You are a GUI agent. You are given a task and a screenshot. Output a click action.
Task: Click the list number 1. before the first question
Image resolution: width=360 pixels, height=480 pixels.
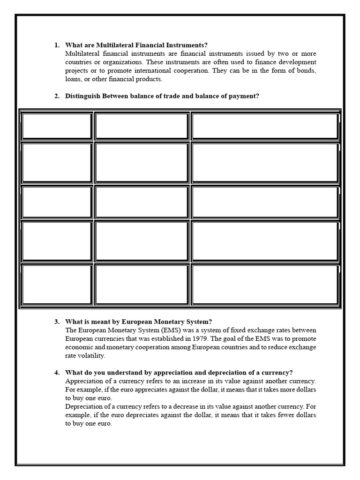pos(57,45)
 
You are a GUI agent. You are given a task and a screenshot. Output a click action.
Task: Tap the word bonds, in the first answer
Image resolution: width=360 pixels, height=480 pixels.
pos(307,71)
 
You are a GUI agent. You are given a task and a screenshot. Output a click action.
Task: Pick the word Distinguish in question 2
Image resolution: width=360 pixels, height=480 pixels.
pos(82,96)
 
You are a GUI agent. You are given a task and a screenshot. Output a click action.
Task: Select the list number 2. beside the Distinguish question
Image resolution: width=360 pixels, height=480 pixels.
pos(57,96)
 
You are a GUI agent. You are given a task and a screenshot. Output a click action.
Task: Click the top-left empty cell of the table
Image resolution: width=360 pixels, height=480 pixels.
pos(57,126)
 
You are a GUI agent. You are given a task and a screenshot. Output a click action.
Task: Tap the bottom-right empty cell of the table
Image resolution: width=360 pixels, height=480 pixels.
pos(265,285)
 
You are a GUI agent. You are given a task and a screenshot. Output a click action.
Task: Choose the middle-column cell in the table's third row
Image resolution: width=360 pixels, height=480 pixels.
pos(142,202)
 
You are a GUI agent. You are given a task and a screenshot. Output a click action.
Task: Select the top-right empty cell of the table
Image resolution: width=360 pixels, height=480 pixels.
pos(265,126)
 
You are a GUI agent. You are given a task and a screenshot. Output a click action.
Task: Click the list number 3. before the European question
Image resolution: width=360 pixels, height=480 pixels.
pos(57,322)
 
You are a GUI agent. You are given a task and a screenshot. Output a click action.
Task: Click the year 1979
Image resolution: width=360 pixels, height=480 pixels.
pos(197,338)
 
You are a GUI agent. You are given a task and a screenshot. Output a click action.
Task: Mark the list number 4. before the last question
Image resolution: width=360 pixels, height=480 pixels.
pos(57,373)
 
